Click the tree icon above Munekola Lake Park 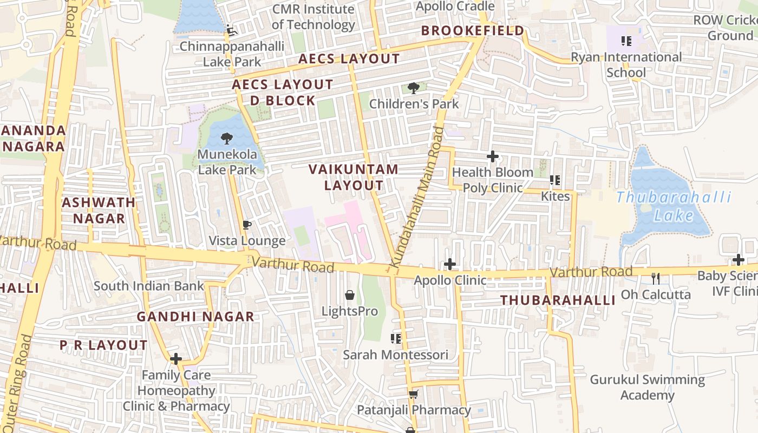pyautogui.click(x=227, y=139)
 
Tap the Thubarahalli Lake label pyautogui.click(x=674, y=206)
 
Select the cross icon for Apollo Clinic pyautogui.click(x=449, y=264)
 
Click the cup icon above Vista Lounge pyautogui.click(x=247, y=225)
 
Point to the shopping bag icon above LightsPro pyautogui.click(x=350, y=295)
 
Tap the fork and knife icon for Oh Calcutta pyautogui.click(x=656, y=278)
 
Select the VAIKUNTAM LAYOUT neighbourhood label pyautogui.click(x=354, y=177)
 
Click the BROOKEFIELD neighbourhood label pyautogui.click(x=473, y=31)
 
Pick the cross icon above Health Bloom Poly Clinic pyautogui.click(x=492, y=156)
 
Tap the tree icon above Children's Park pyautogui.click(x=413, y=88)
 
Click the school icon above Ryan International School pyautogui.click(x=626, y=41)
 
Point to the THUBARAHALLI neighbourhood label pyautogui.click(x=558, y=300)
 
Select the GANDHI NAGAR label pyautogui.click(x=195, y=317)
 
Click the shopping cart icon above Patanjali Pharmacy pyautogui.click(x=413, y=394)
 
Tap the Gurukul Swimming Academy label pyautogui.click(x=647, y=387)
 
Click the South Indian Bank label pyautogui.click(x=149, y=286)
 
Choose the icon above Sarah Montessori pyautogui.click(x=396, y=339)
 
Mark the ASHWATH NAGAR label pyautogui.click(x=99, y=210)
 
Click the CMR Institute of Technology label pyautogui.click(x=313, y=17)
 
